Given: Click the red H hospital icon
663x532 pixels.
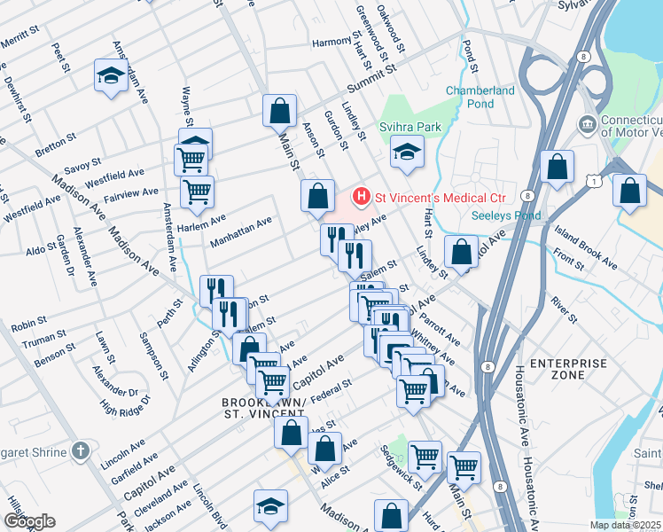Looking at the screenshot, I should pyautogui.click(x=362, y=195).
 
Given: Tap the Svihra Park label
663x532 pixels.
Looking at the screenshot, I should pyautogui.click(x=410, y=127).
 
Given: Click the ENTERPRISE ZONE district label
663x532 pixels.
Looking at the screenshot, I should pyautogui.click(x=568, y=371).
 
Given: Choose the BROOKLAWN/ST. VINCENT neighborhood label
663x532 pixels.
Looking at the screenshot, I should pyautogui.click(x=263, y=409).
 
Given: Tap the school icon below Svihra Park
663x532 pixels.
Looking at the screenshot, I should pyautogui.click(x=406, y=153).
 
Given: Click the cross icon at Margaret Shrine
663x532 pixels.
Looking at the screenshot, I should pyautogui.click(x=80, y=451).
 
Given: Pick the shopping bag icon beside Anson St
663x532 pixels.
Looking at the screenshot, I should pyautogui.click(x=317, y=196).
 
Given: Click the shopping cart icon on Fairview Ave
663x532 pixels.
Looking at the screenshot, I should pyautogui.click(x=197, y=190).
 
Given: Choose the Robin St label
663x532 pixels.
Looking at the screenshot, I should pyautogui.click(x=28, y=326).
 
